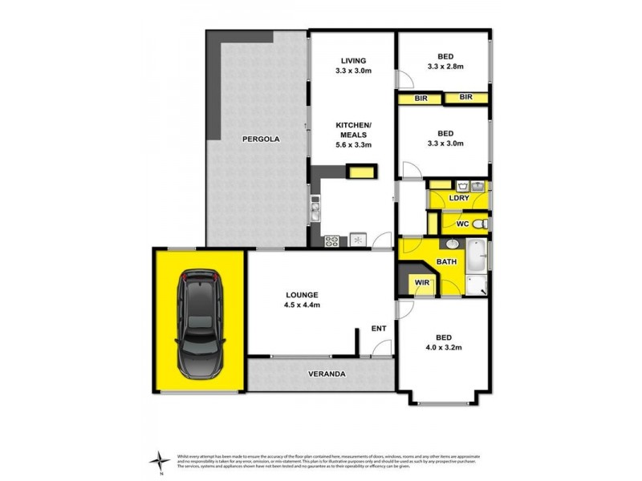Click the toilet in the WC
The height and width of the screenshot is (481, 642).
point(479,224)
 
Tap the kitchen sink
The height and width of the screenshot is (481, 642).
point(315,211)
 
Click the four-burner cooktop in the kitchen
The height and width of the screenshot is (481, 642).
point(332,240)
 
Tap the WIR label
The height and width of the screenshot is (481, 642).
point(420,282)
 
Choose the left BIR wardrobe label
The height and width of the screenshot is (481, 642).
point(420,98)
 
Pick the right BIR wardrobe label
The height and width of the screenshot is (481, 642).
point(466,98)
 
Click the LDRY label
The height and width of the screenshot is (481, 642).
point(458,197)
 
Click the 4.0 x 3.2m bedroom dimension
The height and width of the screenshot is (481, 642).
point(445,347)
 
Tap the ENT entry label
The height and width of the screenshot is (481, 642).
point(379,328)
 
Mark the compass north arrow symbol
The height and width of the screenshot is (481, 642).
point(160,459)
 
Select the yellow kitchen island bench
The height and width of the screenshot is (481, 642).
point(361,171)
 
